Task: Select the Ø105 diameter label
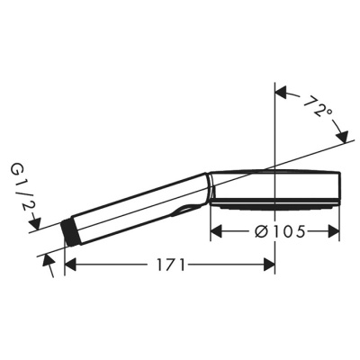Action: pos(275,231)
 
